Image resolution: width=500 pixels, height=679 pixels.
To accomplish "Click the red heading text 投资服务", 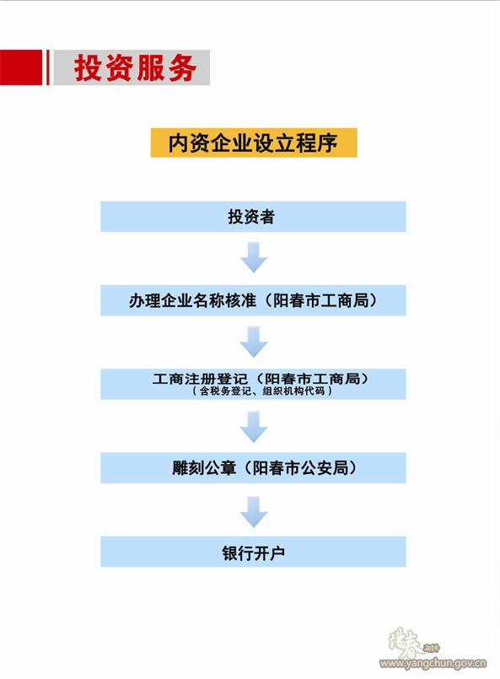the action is pyautogui.click(x=135, y=68).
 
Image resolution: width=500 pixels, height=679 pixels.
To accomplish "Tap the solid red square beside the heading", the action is pyautogui.click(x=21, y=67).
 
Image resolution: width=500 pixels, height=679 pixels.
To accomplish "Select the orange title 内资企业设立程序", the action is pyautogui.click(x=254, y=143).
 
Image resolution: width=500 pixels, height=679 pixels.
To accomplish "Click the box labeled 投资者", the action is pyautogui.click(x=253, y=217).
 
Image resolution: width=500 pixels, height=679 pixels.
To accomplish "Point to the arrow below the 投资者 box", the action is pyautogui.click(x=254, y=257).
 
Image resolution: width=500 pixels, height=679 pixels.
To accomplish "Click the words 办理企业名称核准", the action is pyautogui.click(x=192, y=300).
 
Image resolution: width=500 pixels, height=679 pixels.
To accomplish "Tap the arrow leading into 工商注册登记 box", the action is pyautogui.click(x=254, y=342).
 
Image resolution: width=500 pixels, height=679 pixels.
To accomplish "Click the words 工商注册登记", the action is pyautogui.click(x=200, y=379).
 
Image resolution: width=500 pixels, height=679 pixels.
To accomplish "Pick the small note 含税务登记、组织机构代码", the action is pyautogui.click(x=262, y=391).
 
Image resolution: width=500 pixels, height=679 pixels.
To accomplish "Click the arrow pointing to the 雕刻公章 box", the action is pyautogui.click(x=254, y=427).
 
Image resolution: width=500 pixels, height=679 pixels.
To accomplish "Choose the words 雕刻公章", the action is pyautogui.click(x=204, y=468).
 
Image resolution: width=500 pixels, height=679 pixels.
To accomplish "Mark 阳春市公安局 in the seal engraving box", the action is pyautogui.click(x=300, y=468).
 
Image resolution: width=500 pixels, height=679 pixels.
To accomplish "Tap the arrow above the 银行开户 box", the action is pyautogui.click(x=254, y=512).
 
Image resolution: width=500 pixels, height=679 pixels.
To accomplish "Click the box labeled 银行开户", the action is pyautogui.click(x=253, y=552).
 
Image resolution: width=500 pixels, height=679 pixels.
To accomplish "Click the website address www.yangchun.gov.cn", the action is pyautogui.click(x=433, y=663).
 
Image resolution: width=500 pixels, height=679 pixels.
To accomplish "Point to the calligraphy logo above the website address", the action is pyautogui.click(x=406, y=643).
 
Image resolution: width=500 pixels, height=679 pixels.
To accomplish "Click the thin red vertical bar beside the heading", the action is pyautogui.click(x=47, y=67).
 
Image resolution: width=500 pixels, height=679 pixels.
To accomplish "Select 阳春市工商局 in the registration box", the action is pyautogui.click(x=312, y=379).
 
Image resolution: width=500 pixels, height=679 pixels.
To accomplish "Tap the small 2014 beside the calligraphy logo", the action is pyautogui.click(x=431, y=649).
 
